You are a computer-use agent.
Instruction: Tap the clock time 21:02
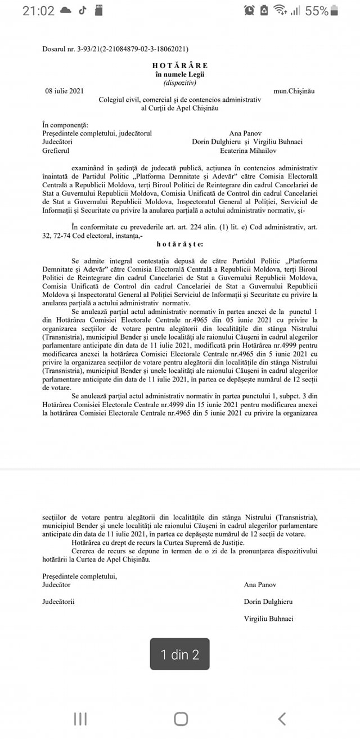click(38, 11)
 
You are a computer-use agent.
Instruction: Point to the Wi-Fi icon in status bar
click(279, 11)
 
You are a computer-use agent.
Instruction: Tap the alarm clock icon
click(249, 11)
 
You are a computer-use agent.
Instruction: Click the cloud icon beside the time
click(65, 11)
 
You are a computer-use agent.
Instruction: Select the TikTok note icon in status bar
click(83, 10)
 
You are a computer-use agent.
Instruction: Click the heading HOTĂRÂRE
click(179, 66)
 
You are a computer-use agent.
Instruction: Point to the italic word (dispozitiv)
click(179, 83)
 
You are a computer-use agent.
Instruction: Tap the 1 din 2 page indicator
click(180, 654)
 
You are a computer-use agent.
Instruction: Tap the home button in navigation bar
click(181, 718)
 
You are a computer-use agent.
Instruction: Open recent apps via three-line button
click(80, 718)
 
